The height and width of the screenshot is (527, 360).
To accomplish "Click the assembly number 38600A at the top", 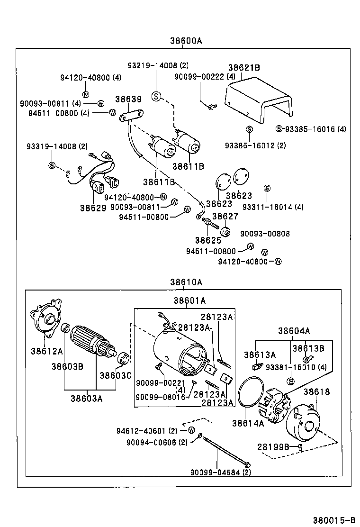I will tap(186, 40).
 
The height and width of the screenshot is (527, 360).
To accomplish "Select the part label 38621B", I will tap(244, 68).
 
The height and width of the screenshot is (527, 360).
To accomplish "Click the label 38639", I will tap(128, 99).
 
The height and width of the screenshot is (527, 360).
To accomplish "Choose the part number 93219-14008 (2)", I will tap(157, 65).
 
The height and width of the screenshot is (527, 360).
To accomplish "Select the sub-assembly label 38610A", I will tap(186, 282).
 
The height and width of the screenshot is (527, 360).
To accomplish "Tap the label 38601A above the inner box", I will tap(189, 300).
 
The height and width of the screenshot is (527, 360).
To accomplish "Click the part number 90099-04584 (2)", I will tap(221, 472).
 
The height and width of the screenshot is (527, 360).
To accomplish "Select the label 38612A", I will tap(47, 351).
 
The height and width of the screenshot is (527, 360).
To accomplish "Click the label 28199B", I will tap(273, 446).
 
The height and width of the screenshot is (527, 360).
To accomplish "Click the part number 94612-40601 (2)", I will tap(147, 430).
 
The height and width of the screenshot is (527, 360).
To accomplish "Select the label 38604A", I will tap(294, 331).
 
